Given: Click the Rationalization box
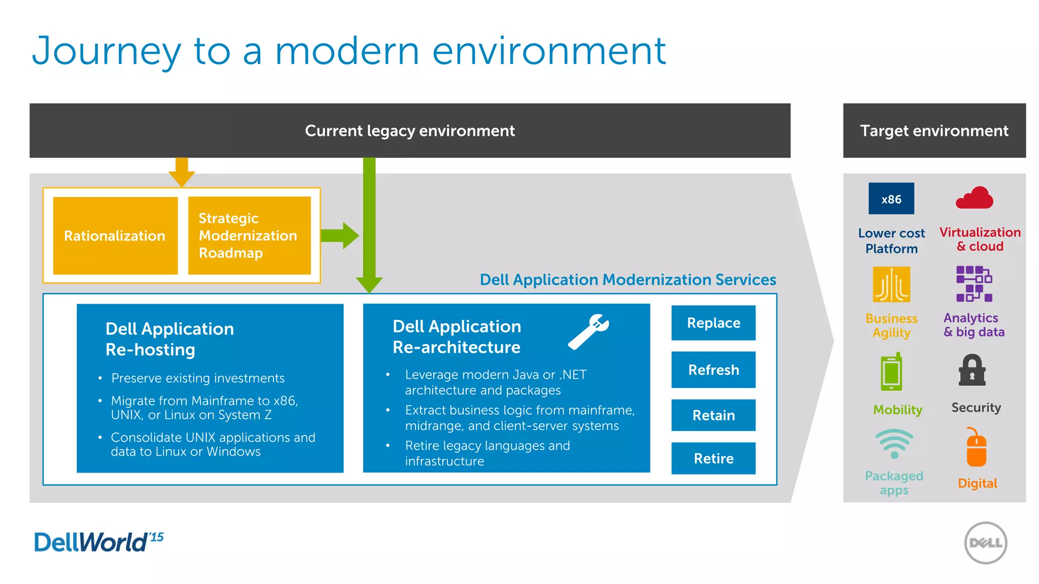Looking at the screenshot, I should pyautogui.click(x=115, y=236).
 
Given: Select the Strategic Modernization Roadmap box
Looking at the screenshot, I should pyautogui.click(x=249, y=236).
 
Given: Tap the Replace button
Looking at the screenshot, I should pyautogui.click(x=713, y=323).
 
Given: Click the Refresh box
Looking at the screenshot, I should pyautogui.click(x=713, y=370).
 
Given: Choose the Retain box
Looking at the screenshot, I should pyautogui.click(x=713, y=415).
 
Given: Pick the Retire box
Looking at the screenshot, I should pyautogui.click(x=713, y=458).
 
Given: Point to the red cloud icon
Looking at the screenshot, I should pyautogui.click(x=975, y=198).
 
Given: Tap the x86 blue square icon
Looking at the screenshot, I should pyautogui.click(x=891, y=199).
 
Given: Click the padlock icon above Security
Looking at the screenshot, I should pyautogui.click(x=972, y=371).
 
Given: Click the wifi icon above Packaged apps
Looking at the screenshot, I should pyautogui.click(x=894, y=443).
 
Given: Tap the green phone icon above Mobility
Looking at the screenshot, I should pyautogui.click(x=891, y=372).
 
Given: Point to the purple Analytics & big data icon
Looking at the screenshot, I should pyautogui.click(x=974, y=284).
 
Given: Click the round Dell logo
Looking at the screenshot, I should pyautogui.click(x=985, y=543).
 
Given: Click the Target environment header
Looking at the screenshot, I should pyautogui.click(x=934, y=131).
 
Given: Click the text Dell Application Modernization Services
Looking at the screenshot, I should pyautogui.click(x=628, y=280).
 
